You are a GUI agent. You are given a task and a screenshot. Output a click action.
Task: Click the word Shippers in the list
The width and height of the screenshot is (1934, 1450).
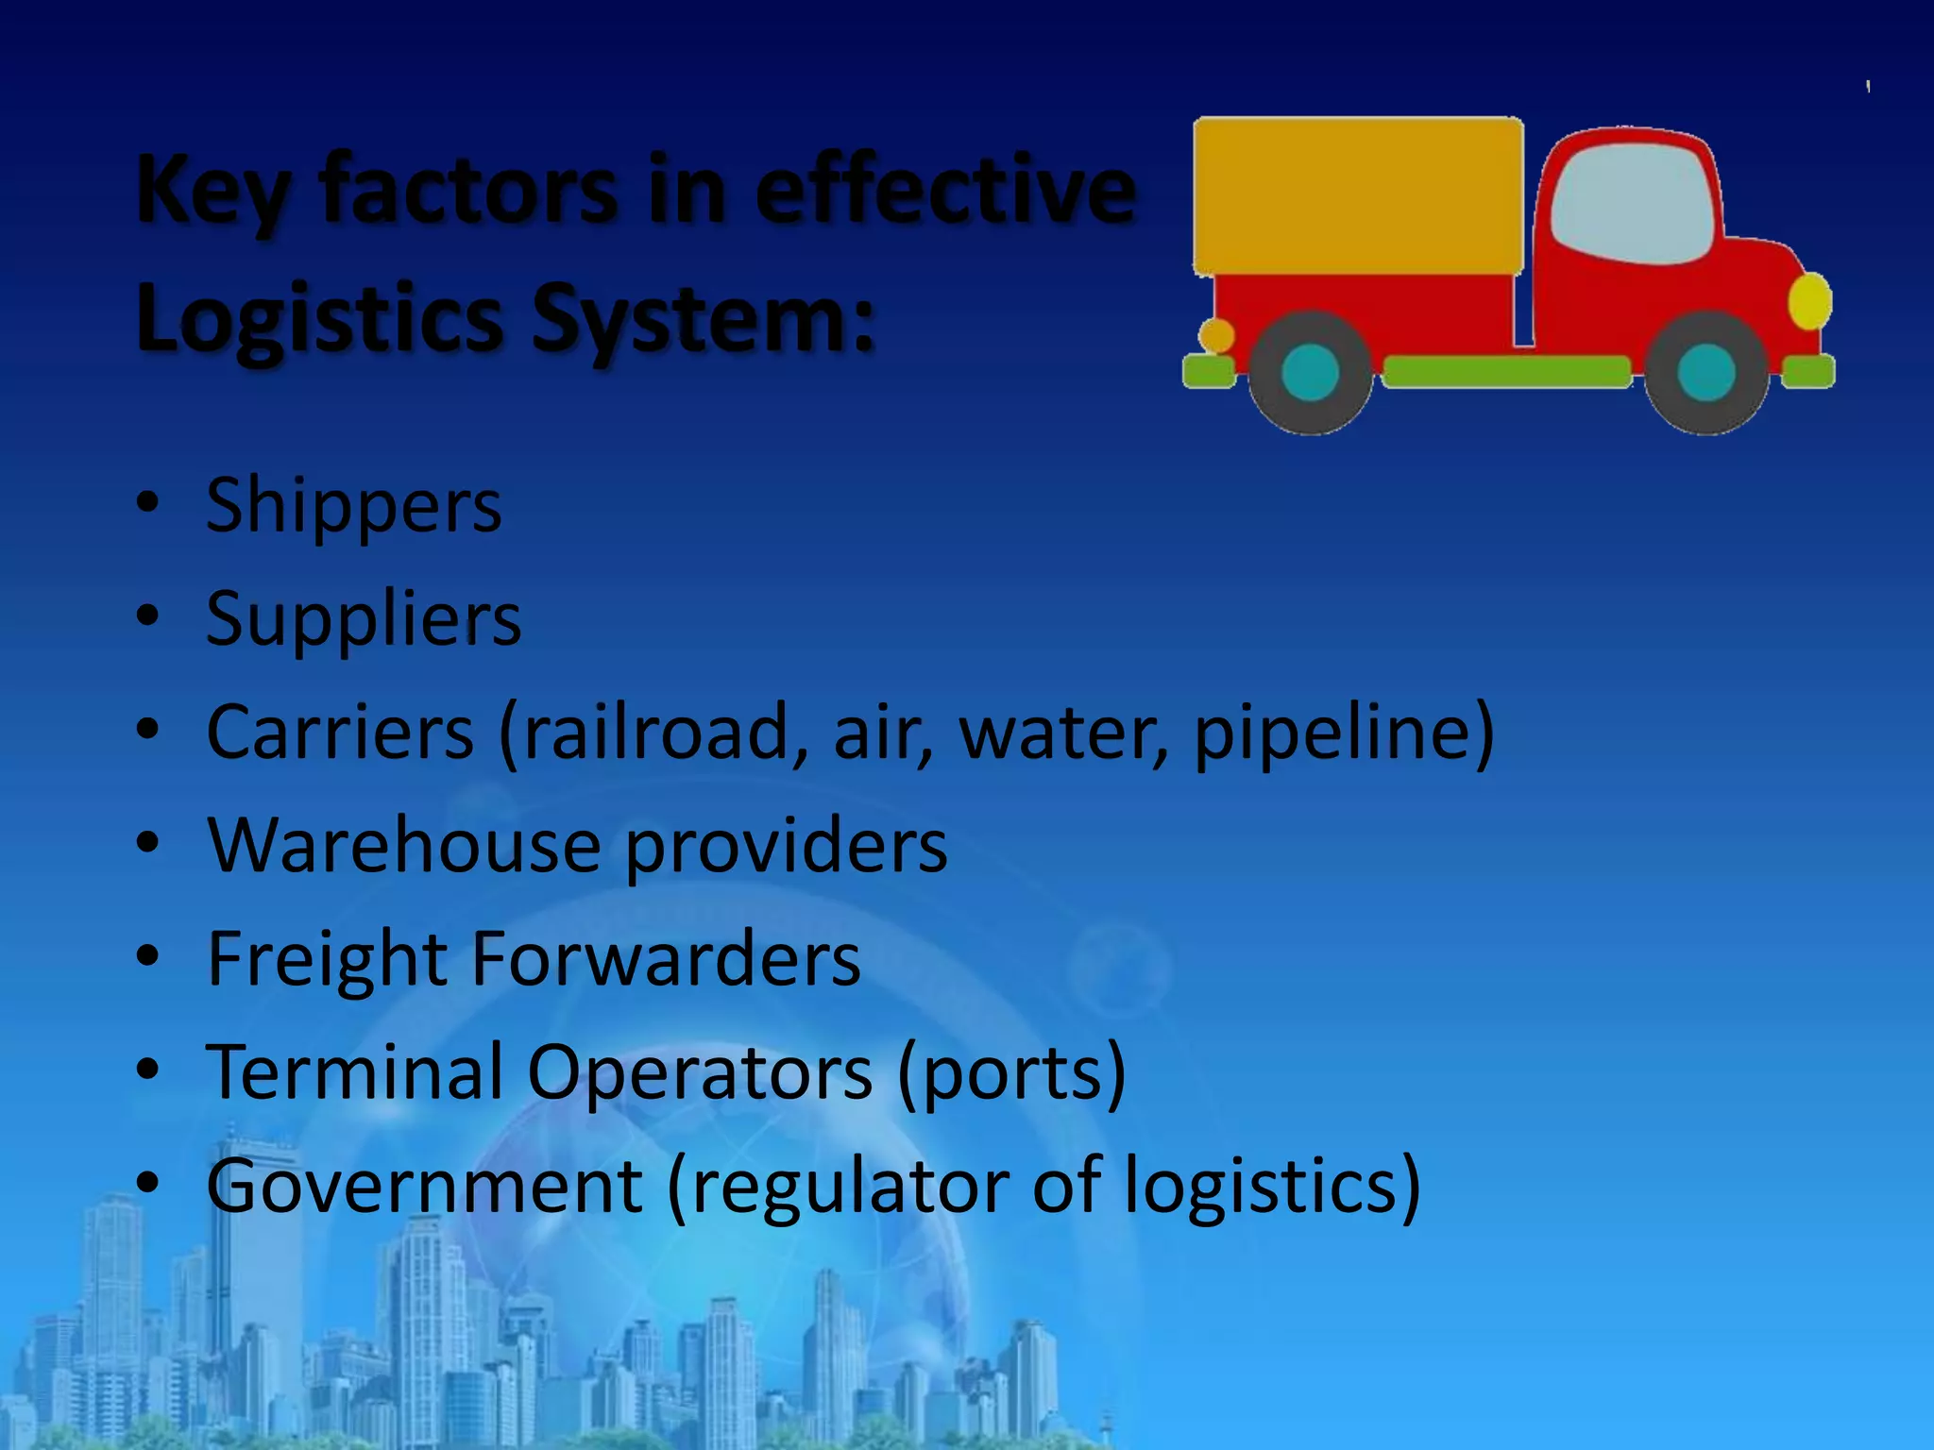(x=353, y=507)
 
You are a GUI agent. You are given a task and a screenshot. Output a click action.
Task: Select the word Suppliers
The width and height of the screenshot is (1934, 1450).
(x=364, y=619)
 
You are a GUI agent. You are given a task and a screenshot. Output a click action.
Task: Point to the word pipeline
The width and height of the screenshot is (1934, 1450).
(x=1332, y=733)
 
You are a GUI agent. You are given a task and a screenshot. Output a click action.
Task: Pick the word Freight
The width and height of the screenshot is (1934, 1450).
(x=327, y=959)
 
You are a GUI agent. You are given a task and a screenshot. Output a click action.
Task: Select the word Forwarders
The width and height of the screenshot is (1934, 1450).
(x=666, y=959)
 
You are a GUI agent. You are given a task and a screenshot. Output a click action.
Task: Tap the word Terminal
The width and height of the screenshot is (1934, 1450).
(x=354, y=1071)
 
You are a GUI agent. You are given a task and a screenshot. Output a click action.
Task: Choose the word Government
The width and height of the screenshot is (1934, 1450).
(x=425, y=1186)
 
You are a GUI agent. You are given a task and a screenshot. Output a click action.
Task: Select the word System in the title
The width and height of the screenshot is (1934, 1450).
(x=704, y=318)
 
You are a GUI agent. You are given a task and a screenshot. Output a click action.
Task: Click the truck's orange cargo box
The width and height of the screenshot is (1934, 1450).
(x=1358, y=196)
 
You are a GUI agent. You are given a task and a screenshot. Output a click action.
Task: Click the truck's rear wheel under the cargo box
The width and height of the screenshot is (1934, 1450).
(x=1310, y=372)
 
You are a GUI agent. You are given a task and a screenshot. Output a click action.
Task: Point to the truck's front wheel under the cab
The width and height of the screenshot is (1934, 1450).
(x=1705, y=372)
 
